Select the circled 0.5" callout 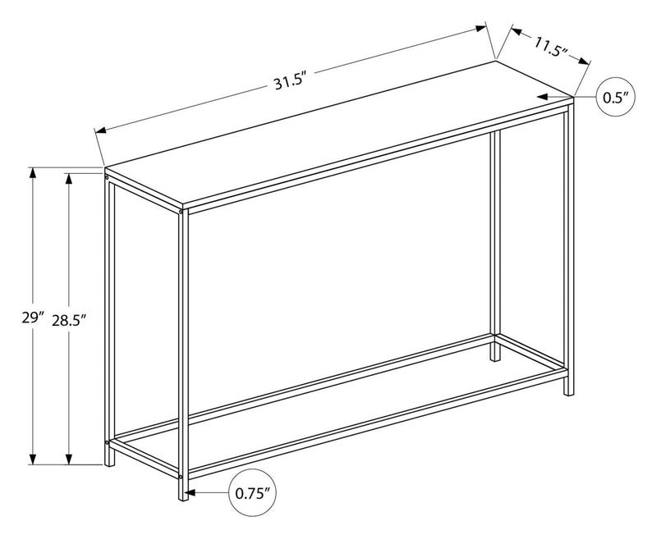pos(615,98)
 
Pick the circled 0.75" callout pos(253,494)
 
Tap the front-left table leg pos(185,353)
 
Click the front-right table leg pos(567,246)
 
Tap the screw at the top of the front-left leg pos(181,212)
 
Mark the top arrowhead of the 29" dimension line pos(33,173)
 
